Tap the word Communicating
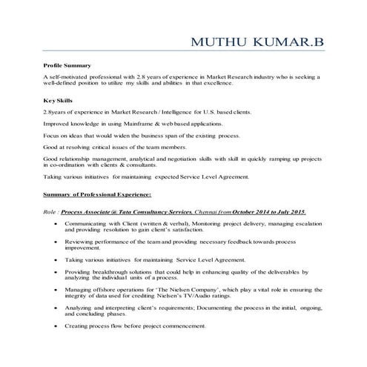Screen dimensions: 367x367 point(90,222)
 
